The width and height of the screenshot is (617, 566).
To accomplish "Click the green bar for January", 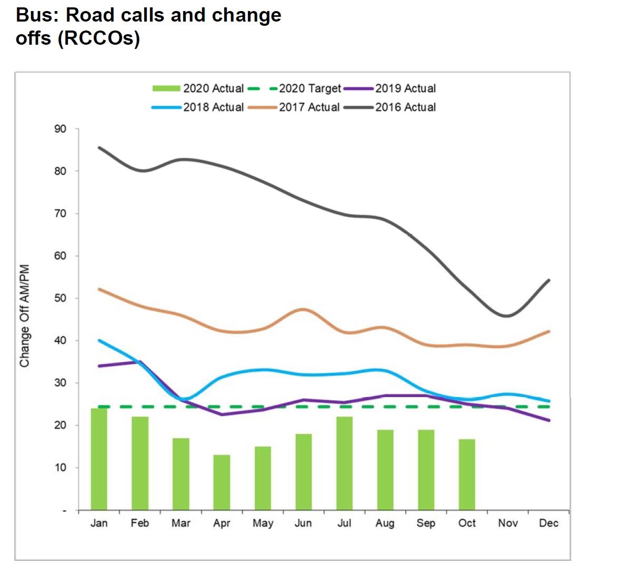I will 99,459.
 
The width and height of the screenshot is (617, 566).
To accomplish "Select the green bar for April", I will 222,482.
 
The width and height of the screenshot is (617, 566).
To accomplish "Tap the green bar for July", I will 344,463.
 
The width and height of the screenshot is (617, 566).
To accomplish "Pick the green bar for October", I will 467,474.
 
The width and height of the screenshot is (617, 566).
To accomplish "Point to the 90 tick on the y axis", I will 61,129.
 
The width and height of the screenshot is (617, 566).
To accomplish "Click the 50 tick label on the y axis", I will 61,298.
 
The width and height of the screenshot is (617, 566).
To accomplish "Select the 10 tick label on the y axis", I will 61,468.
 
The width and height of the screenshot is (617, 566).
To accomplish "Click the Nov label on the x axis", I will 508,523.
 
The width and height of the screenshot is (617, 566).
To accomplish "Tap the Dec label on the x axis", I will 549,523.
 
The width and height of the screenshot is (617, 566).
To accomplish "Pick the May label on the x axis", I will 263,523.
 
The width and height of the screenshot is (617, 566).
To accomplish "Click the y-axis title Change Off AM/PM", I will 24,316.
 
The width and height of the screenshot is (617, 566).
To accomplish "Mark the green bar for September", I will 426,470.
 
